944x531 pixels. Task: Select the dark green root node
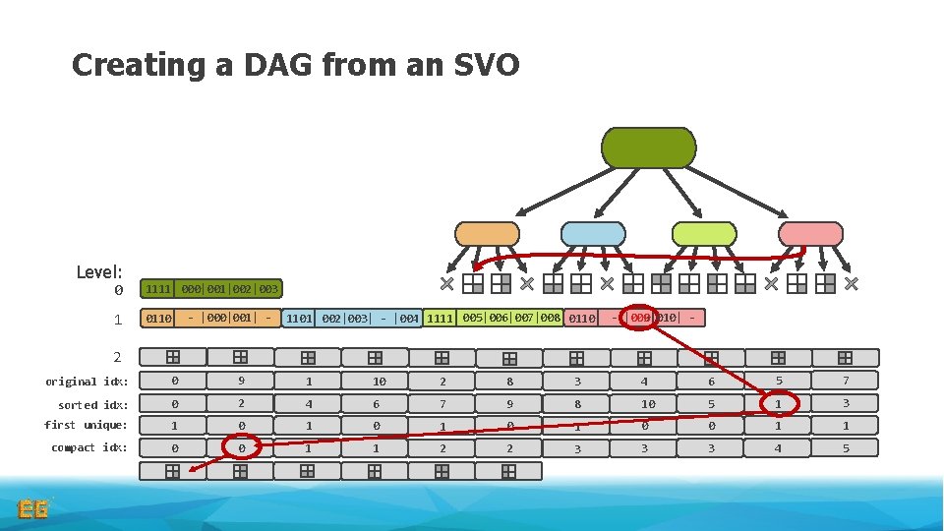tap(648, 147)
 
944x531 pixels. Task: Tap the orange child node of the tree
tap(487, 233)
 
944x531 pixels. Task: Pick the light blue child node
tap(592, 233)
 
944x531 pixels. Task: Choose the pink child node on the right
tap(810, 233)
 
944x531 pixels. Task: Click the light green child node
tap(703, 233)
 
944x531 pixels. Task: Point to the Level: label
tap(99, 271)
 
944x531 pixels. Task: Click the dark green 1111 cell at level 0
tap(157, 289)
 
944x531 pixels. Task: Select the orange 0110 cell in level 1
tap(158, 319)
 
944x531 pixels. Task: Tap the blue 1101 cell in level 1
tap(299, 319)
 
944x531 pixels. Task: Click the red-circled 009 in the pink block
tap(640, 318)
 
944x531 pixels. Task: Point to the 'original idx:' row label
tap(86, 382)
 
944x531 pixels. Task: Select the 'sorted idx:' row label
tap(91, 404)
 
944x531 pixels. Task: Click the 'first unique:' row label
tap(86, 425)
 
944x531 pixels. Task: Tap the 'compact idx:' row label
tap(88, 447)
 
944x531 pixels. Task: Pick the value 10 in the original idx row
tap(380, 382)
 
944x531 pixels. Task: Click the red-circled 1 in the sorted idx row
tap(778, 403)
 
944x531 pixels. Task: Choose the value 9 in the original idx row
tap(241, 382)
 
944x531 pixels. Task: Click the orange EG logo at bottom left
tap(32, 508)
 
